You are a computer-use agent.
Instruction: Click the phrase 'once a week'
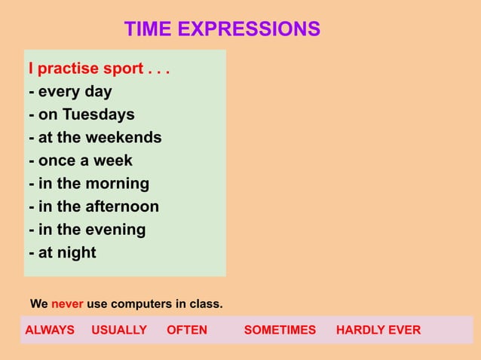pyautogui.click(x=85, y=160)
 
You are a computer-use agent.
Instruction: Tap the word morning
pyautogui.click(x=117, y=184)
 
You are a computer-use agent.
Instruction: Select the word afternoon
pyautogui.click(x=121, y=206)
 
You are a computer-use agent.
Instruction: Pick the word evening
pyautogui.click(x=115, y=230)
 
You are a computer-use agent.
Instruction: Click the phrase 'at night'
pyautogui.click(x=67, y=252)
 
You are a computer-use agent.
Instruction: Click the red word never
pyautogui.click(x=67, y=305)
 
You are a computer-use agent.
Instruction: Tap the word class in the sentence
pyautogui.click(x=207, y=305)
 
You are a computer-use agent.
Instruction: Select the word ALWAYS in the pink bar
pyautogui.click(x=50, y=330)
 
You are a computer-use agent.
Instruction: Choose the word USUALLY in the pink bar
pyautogui.click(x=119, y=330)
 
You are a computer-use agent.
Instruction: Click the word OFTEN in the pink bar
pyautogui.click(x=186, y=330)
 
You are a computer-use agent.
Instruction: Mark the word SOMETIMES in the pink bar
pyautogui.click(x=280, y=330)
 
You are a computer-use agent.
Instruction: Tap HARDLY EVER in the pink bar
pyautogui.click(x=378, y=330)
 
